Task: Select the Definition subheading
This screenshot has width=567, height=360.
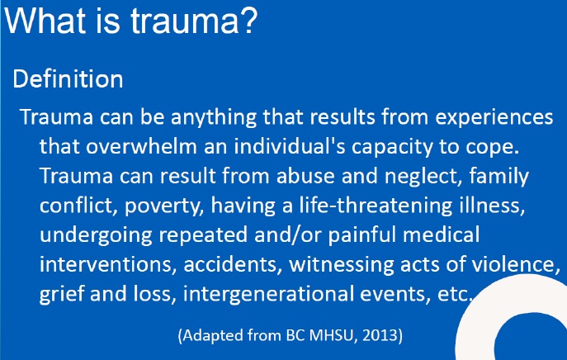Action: click(x=68, y=78)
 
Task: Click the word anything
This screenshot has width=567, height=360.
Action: click(x=214, y=118)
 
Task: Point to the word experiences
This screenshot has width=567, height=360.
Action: click(x=494, y=118)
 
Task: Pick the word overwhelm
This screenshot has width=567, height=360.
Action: click(x=141, y=146)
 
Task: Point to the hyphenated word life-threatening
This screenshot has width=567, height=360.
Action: click(x=376, y=206)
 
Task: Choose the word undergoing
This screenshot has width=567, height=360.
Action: click(x=96, y=235)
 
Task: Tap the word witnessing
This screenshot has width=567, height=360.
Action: click(x=341, y=264)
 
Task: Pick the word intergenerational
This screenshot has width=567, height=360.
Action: click(x=268, y=294)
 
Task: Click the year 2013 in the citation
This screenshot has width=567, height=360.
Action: click(x=380, y=335)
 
